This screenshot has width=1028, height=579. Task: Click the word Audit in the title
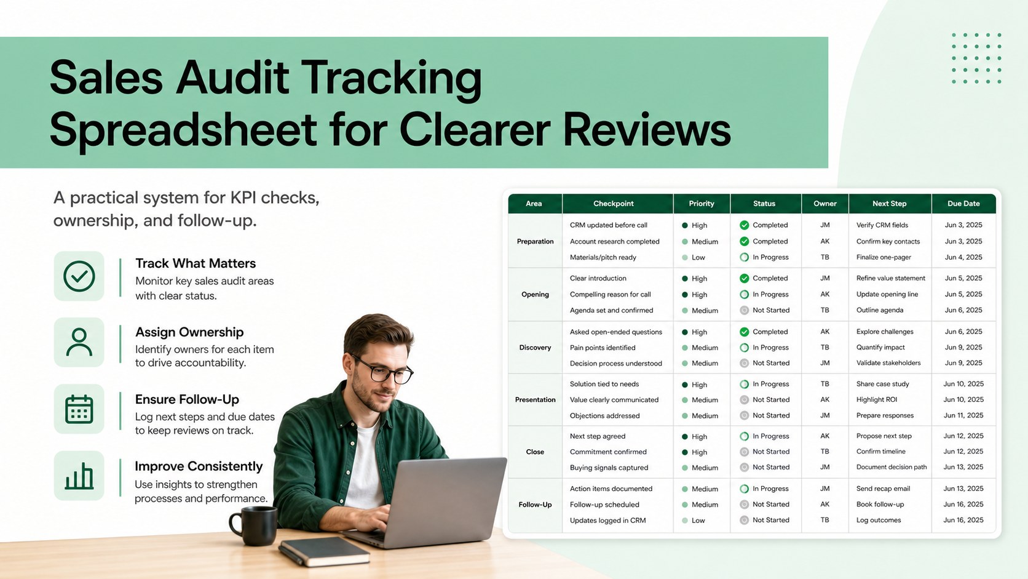(232, 77)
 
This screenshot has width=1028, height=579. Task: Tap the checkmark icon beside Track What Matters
(79, 276)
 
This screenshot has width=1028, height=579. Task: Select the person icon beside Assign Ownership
(79, 343)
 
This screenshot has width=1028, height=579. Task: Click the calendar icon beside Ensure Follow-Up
(79, 409)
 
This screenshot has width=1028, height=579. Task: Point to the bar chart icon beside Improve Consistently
(79, 476)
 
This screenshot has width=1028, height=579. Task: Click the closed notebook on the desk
(324, 551)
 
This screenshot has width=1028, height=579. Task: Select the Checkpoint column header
(613, 204)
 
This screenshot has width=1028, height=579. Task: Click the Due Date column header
(963, 204)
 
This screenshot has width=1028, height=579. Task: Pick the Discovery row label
(535, 348)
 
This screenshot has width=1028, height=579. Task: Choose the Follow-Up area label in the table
(535, 505)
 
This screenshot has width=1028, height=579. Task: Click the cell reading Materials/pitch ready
(603, 258)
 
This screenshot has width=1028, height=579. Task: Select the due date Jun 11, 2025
(963, 415)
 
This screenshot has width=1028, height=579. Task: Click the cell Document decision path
(892, 467)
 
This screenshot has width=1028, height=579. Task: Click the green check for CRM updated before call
(745, 225)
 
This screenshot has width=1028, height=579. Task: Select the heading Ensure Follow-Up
(187, 399)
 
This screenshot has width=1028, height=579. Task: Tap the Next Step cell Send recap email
(883, 489)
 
